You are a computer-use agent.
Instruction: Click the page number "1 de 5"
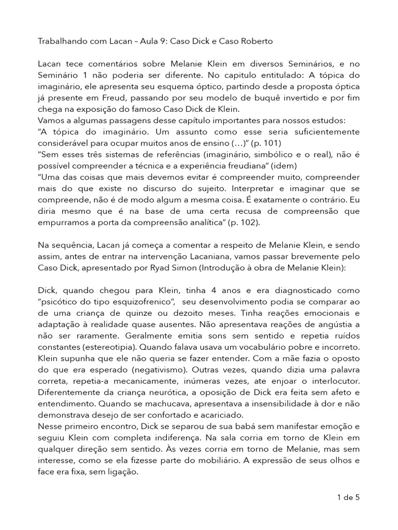[348, 498]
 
